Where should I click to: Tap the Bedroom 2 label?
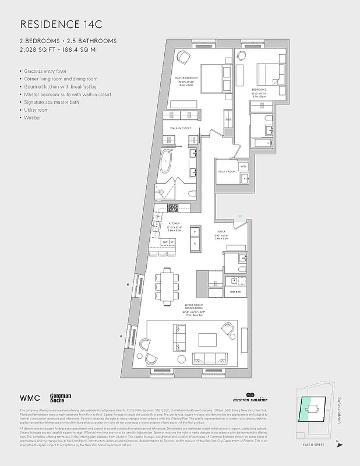click(259, 93)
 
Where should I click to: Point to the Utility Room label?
click(226, 172)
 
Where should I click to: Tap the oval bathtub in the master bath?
click(167, 160)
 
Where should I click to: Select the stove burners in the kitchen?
click(172, 208)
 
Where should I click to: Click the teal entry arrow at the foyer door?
click(241, 218)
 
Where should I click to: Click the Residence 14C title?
click(57, 24)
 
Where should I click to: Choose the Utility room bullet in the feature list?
click(36, 110)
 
